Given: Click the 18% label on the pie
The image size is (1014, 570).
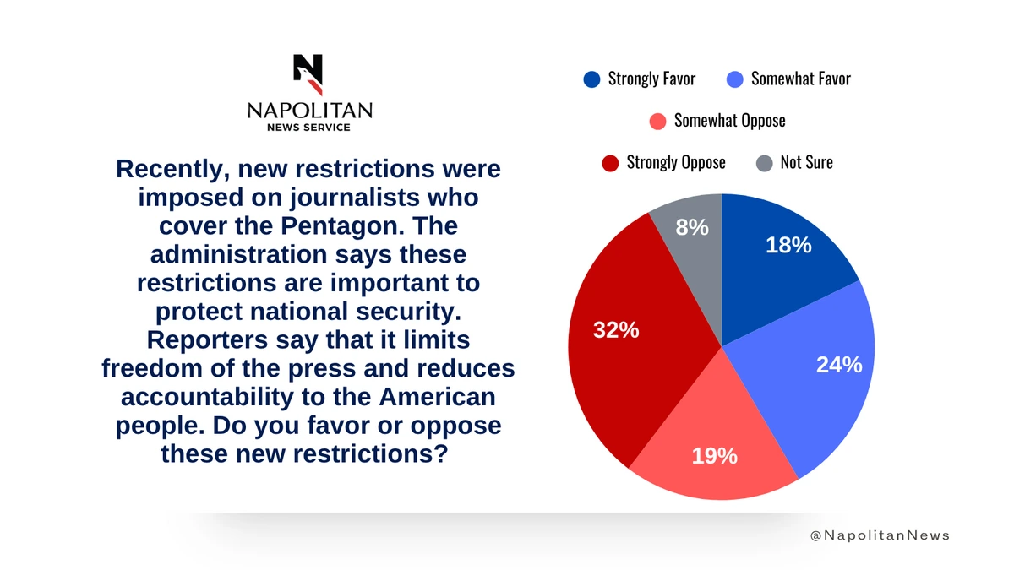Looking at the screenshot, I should [x=788, y=245].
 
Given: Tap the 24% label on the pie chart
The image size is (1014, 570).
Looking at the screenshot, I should [x=839, y=365].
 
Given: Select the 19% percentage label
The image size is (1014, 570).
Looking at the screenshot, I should [x=714, y=456].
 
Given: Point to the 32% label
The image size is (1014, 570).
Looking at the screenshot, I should [x=616, y=330].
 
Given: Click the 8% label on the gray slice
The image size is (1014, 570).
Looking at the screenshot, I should [x=692, y=226].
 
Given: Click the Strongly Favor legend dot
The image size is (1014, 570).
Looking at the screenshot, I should [x=591, y=79].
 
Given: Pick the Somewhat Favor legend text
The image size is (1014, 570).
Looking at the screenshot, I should [x=800, y=79].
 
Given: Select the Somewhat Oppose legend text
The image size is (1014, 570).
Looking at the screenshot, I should [x=729, y=121].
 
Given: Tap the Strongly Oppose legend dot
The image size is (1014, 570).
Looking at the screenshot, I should [x=610, y=162].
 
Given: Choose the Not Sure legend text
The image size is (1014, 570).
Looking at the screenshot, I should [x=806, y=162].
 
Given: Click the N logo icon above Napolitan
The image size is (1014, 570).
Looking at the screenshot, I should [x=308, y=74].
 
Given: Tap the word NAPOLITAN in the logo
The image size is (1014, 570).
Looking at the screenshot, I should [x=309, y=111].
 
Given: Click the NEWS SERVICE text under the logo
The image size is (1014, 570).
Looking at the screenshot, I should [x=308, y=127].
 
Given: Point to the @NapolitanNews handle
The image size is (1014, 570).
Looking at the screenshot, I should [x=879, y=535].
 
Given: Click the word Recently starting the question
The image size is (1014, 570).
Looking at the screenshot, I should [x=172, y=169].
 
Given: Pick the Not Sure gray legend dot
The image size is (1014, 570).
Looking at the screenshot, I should [x=764, y=162].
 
